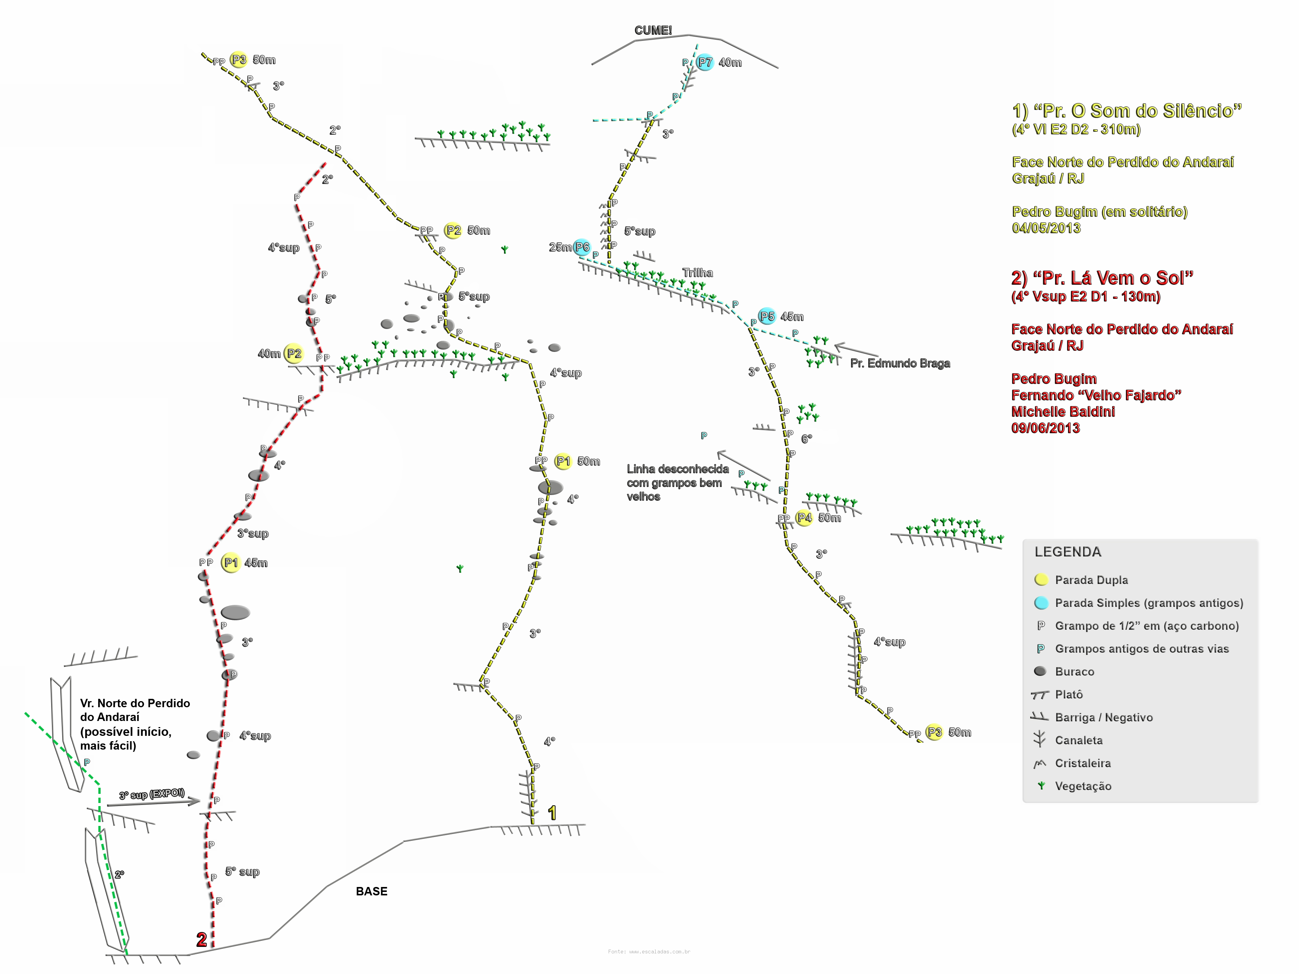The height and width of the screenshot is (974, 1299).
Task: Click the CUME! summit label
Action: [x=653, y=30]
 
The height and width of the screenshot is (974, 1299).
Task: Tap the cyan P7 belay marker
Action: [x=705, y=62]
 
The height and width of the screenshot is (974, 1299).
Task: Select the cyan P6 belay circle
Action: [x=582, y=247]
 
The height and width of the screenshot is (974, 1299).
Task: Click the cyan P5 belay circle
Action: [x=767, y=316]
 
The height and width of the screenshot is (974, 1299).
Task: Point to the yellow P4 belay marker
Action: [x=804, y=518]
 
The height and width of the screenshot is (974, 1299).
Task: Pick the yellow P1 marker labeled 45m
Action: [x=231, y=563]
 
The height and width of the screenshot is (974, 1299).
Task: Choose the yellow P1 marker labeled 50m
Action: [x=563, y=461]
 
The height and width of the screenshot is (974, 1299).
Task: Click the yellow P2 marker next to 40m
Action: [x=294, y=353]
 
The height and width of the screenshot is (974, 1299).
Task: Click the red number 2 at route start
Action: [x=202, y=939]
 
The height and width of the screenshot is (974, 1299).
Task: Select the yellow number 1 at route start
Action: [x=552, y=813]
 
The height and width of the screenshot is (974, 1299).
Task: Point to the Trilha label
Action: [x=697, y=273]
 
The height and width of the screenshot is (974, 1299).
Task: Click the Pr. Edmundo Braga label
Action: [x=900, y=363]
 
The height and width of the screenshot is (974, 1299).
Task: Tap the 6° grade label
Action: [x=807, y=439]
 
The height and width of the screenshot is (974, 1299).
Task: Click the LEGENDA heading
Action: [x=1068, y=552]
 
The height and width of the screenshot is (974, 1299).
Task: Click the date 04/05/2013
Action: [x=1046, y=228]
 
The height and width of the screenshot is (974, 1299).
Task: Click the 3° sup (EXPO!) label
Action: [x=152, y=794]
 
